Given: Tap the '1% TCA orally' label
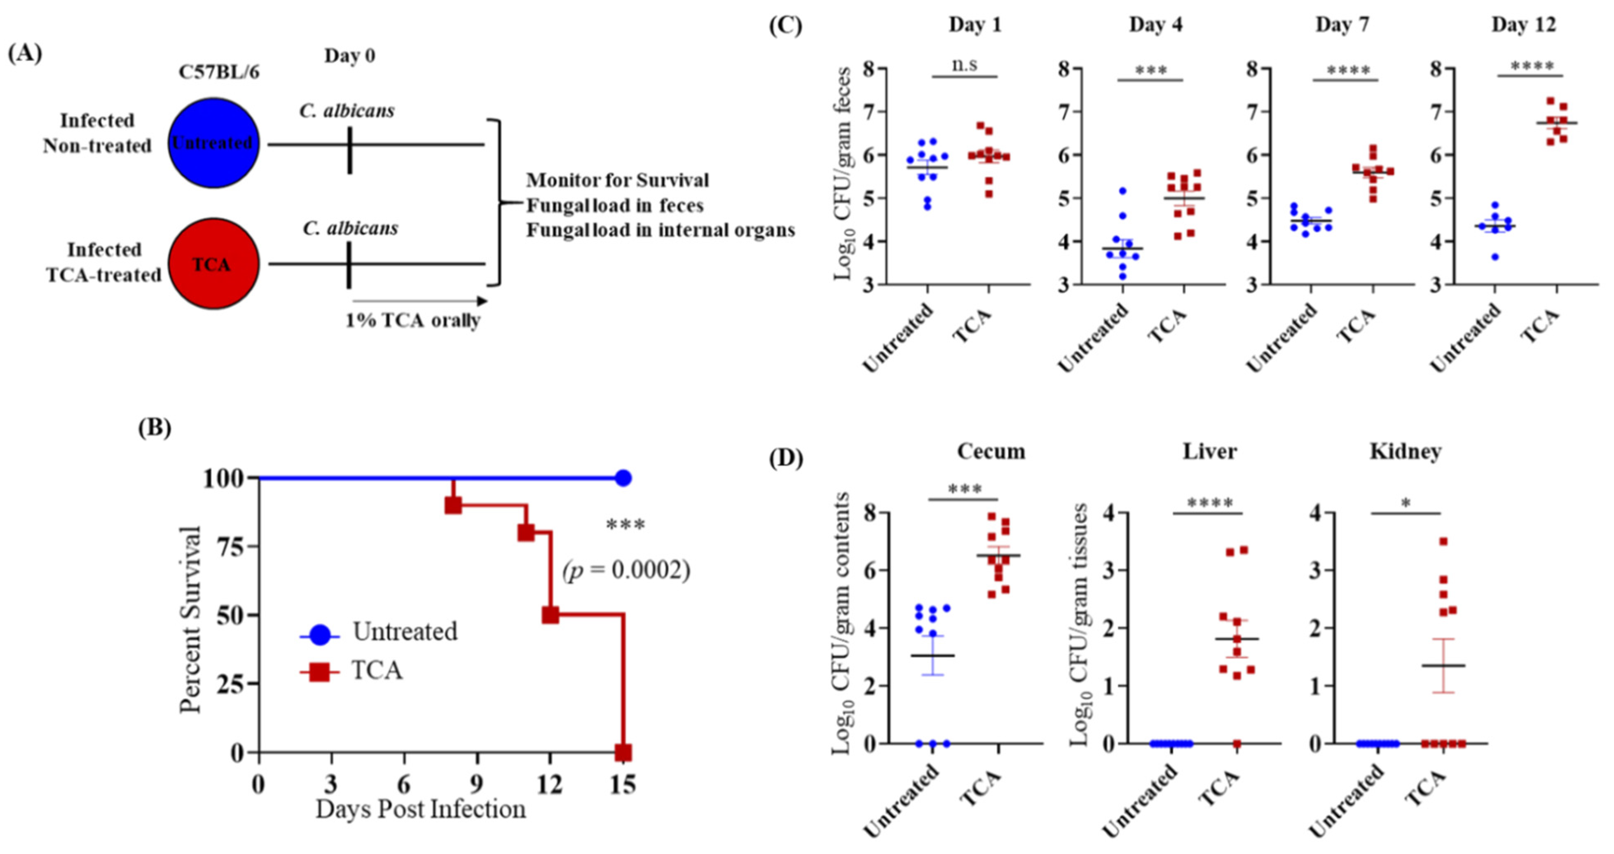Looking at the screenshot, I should tap(413, 320).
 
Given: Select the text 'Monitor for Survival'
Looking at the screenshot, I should tap(617, 180).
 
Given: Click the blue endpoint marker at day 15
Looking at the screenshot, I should tap(623, 478).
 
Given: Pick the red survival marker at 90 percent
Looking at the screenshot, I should tap(453, 505).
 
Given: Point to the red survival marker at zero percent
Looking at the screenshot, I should tap(623, 752).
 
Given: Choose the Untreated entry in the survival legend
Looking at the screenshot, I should tap(404, 632).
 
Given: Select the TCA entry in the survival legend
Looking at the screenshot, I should tap(376, 670).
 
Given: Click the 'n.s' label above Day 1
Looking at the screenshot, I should tap(964, 65).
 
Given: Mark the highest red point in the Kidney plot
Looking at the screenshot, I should tap(1443, 541).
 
